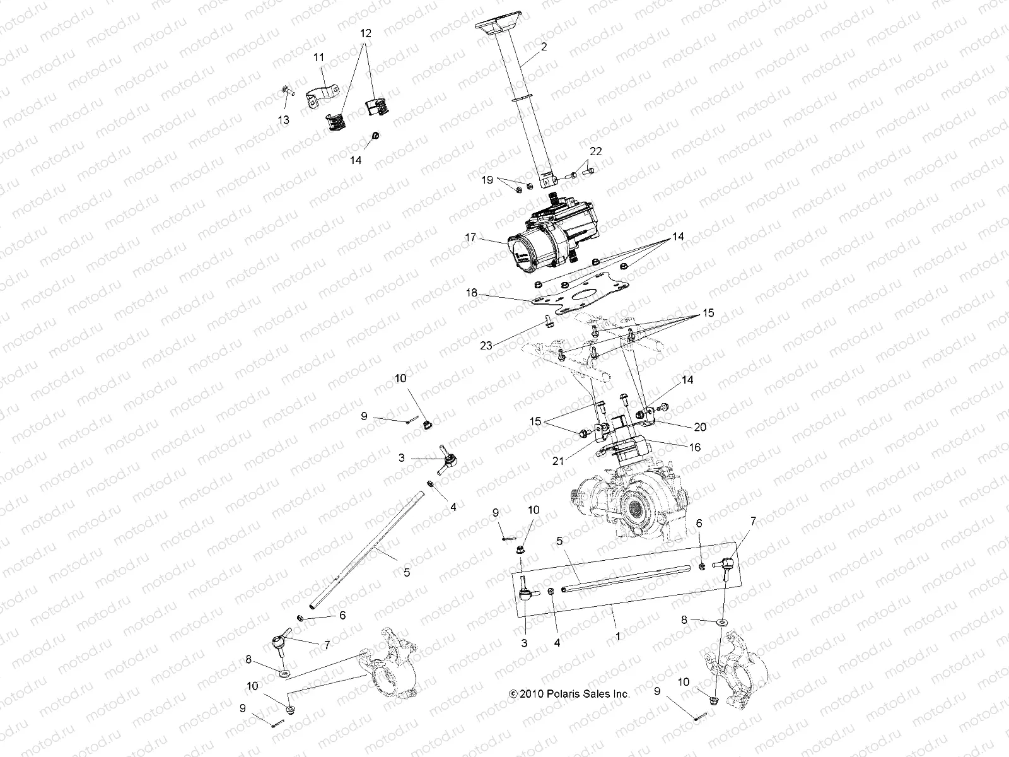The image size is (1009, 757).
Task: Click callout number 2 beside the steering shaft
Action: click(x=544, y=47)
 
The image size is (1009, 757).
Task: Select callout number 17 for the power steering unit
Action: click(x=469, y=238)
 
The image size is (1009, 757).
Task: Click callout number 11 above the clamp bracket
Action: click(x=319, y=57)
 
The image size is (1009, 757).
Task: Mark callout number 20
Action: click(x=700, y=427)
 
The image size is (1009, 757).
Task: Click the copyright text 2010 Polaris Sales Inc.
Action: click(x=569, y=693)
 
